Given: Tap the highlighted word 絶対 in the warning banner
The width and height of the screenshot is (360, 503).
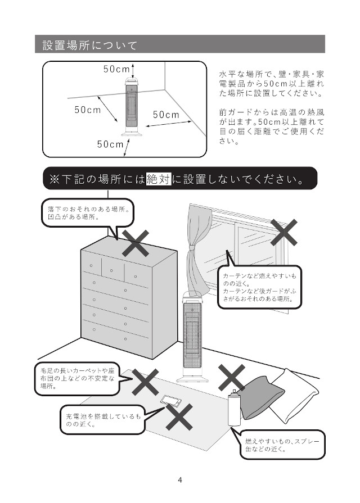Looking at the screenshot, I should [x=158, y=180].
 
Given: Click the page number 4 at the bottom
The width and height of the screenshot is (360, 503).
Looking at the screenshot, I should [x=179, y=479].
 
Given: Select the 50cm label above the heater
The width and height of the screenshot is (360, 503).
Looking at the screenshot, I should [x=116, y=69].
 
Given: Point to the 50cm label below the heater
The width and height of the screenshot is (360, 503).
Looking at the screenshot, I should [x=110, y=144].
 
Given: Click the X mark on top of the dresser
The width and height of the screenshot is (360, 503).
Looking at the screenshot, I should [x=136, y=243].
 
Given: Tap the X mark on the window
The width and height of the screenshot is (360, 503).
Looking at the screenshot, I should [x=283, y=232].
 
